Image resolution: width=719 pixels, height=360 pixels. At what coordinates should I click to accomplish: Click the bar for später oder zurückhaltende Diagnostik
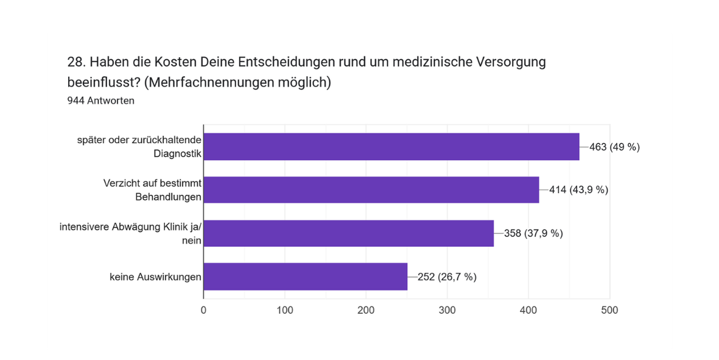(x=391, y=147)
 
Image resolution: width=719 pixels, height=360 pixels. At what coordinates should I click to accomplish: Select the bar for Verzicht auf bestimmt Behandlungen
(x=371, y=189)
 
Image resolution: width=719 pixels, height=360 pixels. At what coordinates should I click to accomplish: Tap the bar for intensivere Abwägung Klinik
(x=348, y=233)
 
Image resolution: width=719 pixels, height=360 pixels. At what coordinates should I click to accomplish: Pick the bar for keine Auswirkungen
(x=305, y=277)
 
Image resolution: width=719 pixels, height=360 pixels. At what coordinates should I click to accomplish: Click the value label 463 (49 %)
(x=614, y=147)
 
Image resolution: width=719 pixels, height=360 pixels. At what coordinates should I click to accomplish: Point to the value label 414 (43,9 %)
(x=578, y=189)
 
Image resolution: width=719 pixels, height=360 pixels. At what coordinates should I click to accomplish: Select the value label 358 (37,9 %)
(x=533, y=233)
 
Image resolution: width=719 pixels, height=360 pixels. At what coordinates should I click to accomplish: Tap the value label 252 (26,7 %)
(x=447, y=277)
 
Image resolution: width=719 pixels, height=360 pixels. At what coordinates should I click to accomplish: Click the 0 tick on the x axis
(x=203, y=310)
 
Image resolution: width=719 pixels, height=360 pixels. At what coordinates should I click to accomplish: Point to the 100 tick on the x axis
(x=285, y=310)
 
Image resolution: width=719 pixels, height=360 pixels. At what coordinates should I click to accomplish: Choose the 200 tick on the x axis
(x=366, y=310)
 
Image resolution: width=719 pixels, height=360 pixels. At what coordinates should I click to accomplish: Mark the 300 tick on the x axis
(x=447, y=310)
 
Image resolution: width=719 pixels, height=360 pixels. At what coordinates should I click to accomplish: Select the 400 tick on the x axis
(x=528, y=310)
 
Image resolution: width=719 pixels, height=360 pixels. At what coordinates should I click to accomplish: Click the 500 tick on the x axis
(x=609, y=310)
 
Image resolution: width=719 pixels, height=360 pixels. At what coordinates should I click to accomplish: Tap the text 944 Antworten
(x=100, y=101)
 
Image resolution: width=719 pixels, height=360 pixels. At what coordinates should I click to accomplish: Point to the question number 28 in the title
(x=75, y=62)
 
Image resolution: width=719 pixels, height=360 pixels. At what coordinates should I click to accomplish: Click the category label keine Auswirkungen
(x=155, y=277)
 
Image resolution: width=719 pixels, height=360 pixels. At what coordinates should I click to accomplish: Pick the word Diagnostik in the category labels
(x=178, y=154)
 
